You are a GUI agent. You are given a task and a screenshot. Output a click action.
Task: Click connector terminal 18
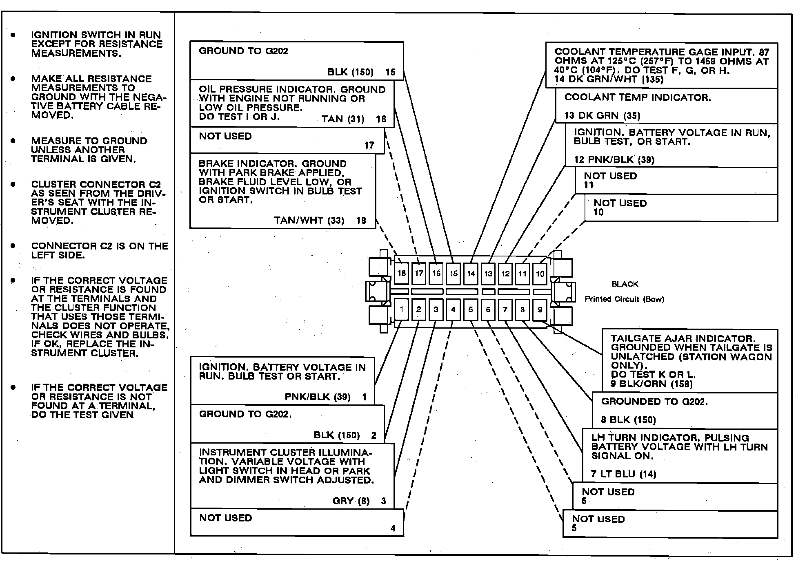[402, 273]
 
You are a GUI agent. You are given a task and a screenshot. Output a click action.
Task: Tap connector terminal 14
[471, 273]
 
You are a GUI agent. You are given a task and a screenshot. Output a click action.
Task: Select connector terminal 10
[540, 274]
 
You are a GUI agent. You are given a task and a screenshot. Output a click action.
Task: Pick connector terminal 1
[402, 309]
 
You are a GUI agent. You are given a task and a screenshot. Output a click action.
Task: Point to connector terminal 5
[471, 309]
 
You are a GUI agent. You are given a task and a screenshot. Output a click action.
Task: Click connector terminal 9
[540, 309]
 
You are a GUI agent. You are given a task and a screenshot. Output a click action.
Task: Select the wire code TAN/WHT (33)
[309, 221]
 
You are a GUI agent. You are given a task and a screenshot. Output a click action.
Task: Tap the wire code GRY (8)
[351, 501]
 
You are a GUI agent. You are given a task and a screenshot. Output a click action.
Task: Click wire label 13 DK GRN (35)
[602, 115]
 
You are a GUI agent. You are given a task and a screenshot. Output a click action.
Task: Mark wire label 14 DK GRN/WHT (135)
[609, 80]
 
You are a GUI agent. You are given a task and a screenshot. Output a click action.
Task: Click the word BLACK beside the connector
[625, 284]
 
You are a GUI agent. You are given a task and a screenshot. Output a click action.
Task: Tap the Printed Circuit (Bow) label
[624, 299]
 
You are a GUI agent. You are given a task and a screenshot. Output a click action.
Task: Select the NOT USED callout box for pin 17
[287, 141]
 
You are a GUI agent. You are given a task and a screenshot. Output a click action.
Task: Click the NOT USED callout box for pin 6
[674, 496]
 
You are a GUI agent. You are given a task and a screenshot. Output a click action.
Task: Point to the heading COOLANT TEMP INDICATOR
[637, 97]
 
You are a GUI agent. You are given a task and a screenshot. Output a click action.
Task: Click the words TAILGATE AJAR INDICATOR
[683, 338]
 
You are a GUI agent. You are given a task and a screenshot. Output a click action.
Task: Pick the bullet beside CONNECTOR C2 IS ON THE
[13, 246]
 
